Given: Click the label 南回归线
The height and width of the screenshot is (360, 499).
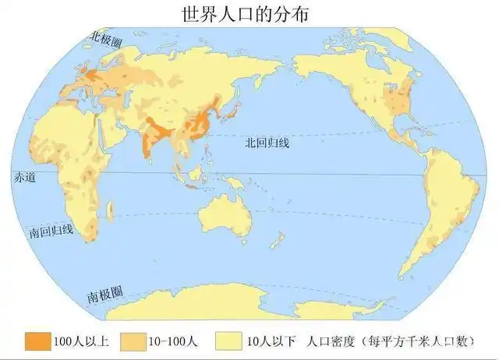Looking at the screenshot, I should click(51, 231).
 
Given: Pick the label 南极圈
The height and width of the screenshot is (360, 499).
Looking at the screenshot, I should click(103, 296).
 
